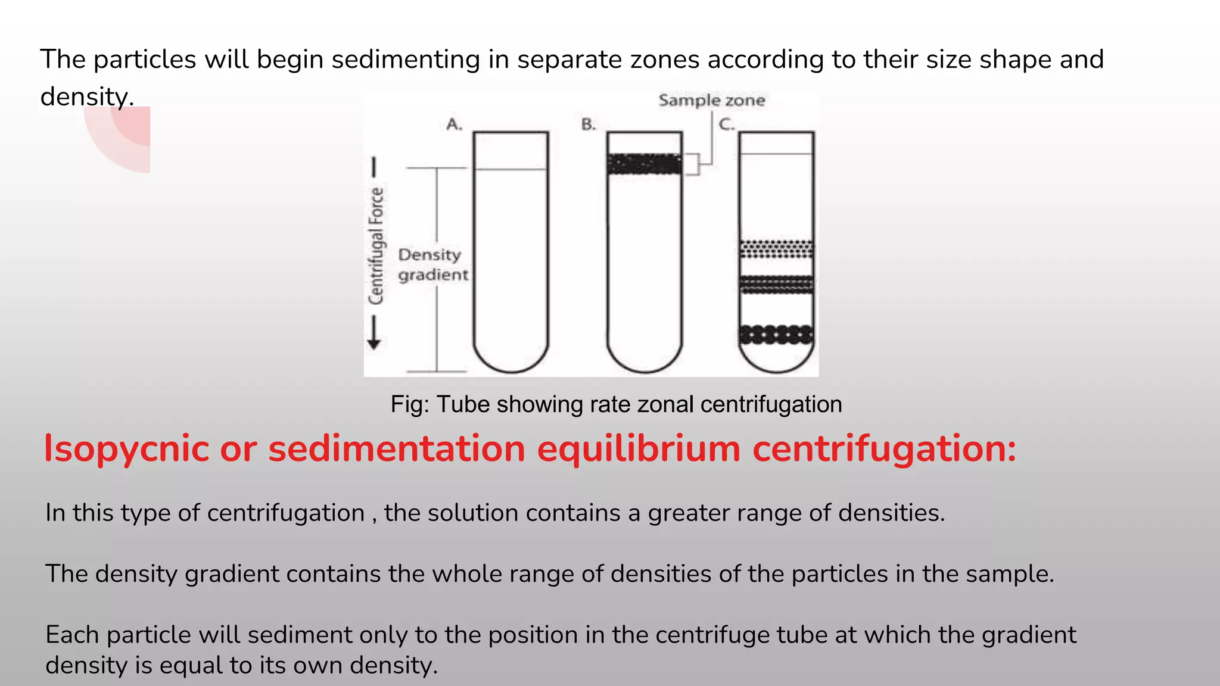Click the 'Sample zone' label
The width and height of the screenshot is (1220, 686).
[711, 100]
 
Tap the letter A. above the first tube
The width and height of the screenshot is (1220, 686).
[455, 124]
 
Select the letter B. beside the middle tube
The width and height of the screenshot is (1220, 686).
[589, 124]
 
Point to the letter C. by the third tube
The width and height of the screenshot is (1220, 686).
[727, 124]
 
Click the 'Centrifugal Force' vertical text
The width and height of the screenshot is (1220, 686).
[376, 245]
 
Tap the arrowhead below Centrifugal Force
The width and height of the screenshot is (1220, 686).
[374, 344]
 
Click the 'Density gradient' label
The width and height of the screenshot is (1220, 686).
[432, 264]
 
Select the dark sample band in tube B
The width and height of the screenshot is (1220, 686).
[644, 164]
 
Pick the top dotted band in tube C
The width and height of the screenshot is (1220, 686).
[776, 249]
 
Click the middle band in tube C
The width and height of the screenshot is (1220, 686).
[776, 285]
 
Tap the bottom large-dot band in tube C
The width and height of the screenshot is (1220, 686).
[776, 335]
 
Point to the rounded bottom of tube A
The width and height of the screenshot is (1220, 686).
[511, 360]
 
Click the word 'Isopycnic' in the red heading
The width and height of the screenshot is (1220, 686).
[126, 448]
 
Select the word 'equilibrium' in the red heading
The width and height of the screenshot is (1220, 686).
[639, 448]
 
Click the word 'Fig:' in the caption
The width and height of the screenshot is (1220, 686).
[410, 404]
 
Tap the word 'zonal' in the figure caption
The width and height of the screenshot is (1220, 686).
[665, 404]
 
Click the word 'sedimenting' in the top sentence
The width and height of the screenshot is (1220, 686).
[406, 60]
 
